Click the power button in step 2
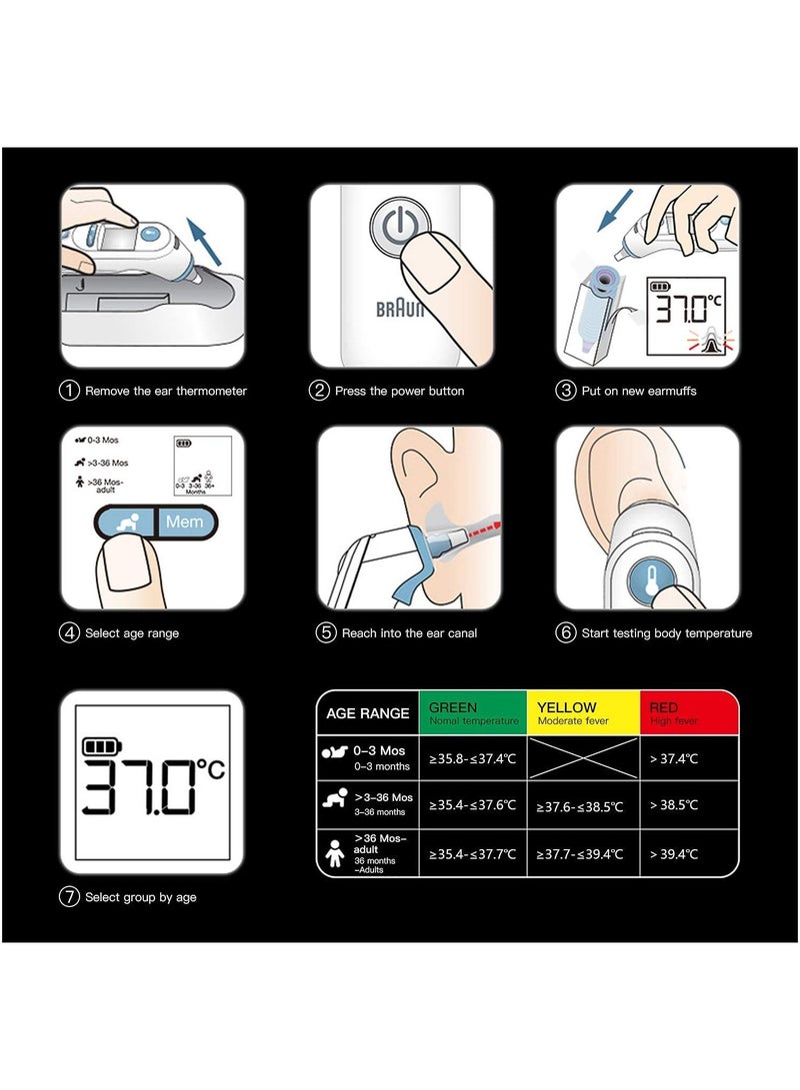tap(400, 227)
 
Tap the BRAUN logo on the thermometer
tap(400, 309)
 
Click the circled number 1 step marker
tap(69, 391)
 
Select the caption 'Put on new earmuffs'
tap(638, 391)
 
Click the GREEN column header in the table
tap(472, 712)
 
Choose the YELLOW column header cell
tap(583, 712)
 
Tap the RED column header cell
tap(689, 712)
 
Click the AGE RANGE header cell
tap(367, 713)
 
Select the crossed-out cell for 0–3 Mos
tap(583, 758)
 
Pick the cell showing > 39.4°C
tap(689, 854)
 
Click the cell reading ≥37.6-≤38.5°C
tap(583, 805)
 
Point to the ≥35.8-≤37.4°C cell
tap(472, 758)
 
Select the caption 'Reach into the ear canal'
tap(410, 633)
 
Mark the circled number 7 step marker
tap(69, 897)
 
